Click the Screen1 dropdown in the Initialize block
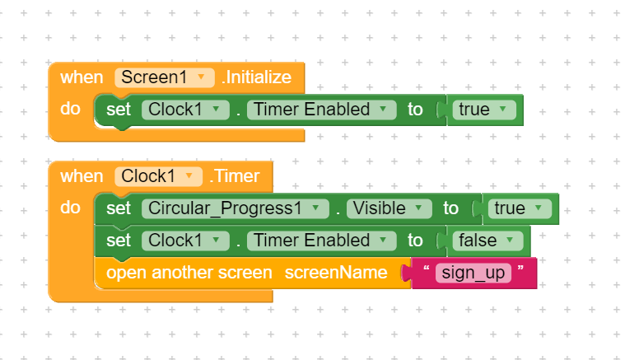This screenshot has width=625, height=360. [165, 77]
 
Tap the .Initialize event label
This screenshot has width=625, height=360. [257, 77]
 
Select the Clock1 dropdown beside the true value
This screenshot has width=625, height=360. [185, 110]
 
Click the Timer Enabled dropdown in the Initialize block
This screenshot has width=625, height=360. [322, 110]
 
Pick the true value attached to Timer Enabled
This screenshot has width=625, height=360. [484, 110]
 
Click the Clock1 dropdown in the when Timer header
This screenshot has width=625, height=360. [159, 176]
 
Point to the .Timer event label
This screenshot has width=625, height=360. [235, 176]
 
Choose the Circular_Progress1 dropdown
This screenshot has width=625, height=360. [236, 208]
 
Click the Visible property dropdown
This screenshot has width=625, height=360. [389, 208]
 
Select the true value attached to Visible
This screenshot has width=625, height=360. [520, 208]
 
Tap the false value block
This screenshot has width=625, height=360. [487, 241]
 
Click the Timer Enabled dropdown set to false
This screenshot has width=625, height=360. [322, 241]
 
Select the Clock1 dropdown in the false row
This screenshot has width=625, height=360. [185, 241]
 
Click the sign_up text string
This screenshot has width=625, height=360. [473, 274]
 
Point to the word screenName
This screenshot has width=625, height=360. [336, 273]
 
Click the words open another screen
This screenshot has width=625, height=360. [189, 273]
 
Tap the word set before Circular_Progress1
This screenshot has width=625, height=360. [119, 208]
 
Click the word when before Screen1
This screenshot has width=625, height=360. [82, 77]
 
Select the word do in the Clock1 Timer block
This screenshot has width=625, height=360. [70, 208]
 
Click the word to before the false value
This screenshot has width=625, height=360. [415, 241]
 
